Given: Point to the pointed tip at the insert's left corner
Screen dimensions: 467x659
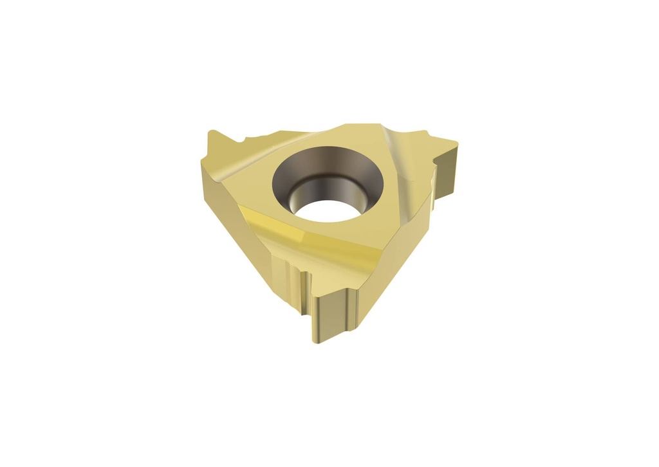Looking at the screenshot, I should coord(212,134).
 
